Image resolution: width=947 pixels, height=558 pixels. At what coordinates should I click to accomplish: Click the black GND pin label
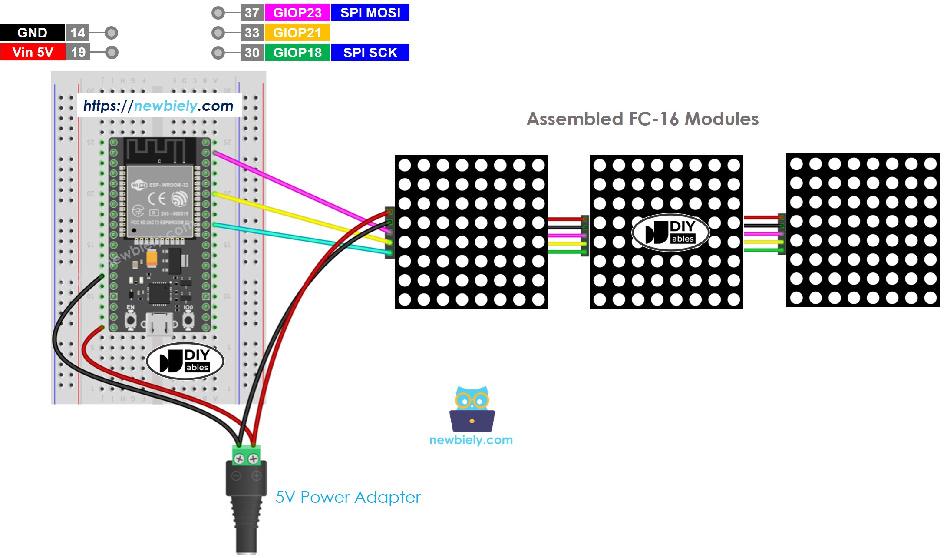coord(32,33)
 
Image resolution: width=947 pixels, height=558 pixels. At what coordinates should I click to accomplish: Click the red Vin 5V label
coord(33,52)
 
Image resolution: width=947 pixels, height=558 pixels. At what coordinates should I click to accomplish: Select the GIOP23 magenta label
coord(297,13)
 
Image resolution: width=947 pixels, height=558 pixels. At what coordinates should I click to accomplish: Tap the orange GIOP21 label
coord(297,33)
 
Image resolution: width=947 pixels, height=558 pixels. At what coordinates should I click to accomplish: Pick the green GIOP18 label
coord(297,53)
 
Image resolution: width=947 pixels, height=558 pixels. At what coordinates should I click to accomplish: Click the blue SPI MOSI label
coord(370,13)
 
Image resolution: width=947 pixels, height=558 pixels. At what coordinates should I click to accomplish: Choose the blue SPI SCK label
coord(370,53)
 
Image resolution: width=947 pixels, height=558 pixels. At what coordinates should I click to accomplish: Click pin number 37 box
coord(252,13)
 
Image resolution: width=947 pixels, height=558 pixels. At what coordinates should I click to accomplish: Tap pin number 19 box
coord(78,52)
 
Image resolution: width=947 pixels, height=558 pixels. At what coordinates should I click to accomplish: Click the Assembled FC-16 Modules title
coord(642,119)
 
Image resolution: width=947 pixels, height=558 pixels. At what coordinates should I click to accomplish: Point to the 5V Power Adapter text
coord(348,497)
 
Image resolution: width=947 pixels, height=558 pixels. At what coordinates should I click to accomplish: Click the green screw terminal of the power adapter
coord(246,456)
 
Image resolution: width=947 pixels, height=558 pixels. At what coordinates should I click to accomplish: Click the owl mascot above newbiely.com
coord(472,409)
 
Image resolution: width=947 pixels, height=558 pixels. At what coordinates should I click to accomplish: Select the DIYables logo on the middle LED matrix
coord(670,232)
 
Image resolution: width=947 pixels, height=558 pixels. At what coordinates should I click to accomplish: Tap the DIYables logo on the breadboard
coord(185,361)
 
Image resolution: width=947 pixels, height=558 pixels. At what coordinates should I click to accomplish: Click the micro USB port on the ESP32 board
coord(159,324)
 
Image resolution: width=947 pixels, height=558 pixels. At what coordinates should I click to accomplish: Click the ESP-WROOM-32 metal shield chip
coord(159,200)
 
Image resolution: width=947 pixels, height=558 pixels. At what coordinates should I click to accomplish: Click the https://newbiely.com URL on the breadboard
coord(158,106)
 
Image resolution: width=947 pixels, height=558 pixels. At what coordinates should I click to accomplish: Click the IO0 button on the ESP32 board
coord(188,321)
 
